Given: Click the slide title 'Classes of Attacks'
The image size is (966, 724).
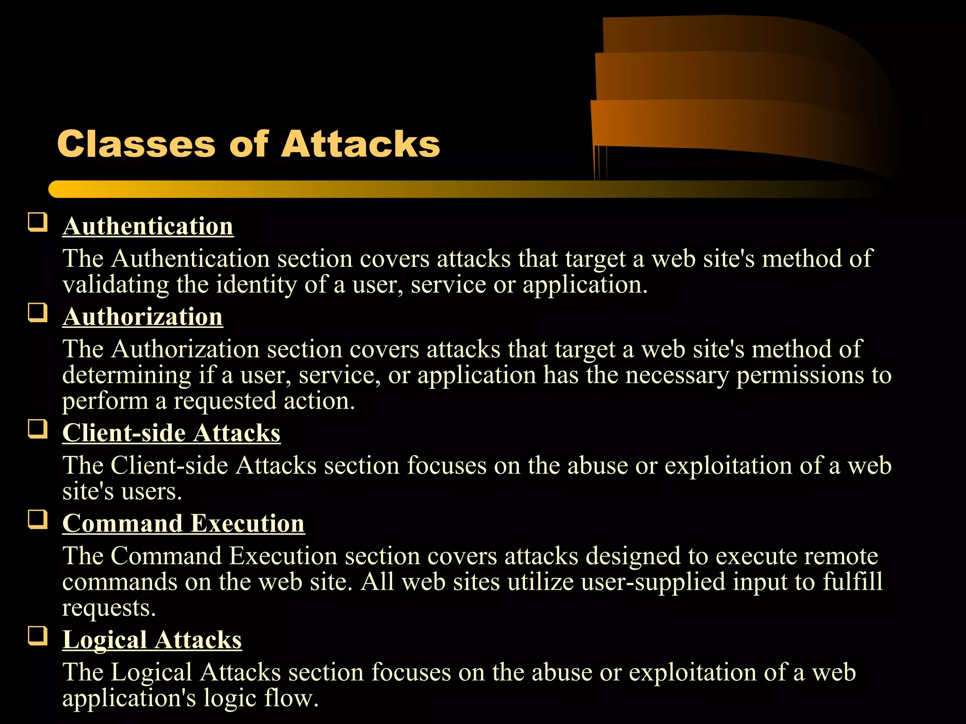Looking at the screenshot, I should (249, 144).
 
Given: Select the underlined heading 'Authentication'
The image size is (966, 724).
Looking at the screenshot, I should (148, 226).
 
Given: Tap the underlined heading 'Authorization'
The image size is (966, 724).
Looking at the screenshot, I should (142, 317).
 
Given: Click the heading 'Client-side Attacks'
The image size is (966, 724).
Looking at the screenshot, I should (171, 433).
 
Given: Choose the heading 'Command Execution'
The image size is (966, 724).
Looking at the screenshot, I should (183, 524).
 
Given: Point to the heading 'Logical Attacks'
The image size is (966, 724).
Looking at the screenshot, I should (152, 640).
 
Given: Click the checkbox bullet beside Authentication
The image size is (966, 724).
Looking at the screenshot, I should (38, 222).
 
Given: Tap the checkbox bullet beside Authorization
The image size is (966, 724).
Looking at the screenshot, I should (38, 313).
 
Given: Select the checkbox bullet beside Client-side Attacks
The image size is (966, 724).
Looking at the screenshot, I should (38, 429).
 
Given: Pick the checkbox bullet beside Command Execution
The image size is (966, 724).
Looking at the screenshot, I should (38, 519).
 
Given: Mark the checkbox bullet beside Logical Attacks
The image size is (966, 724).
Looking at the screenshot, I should (38, 636).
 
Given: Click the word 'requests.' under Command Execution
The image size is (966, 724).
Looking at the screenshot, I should (109, 608).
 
